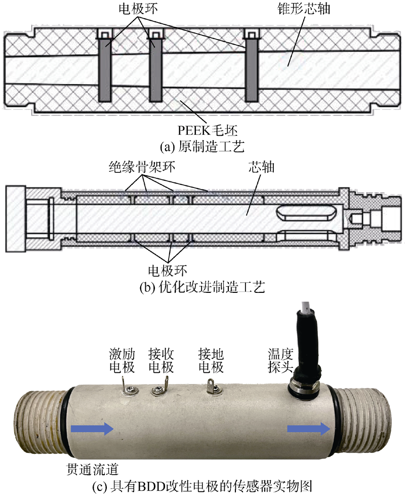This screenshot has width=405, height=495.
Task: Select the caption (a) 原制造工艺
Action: tap(202, 147)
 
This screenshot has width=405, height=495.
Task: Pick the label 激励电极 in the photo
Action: tap(120, 360)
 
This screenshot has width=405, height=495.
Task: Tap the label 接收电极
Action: tap(161, 360)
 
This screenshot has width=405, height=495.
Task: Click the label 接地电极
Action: tap(211, 360)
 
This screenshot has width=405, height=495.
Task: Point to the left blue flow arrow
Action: tap(92, 430)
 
